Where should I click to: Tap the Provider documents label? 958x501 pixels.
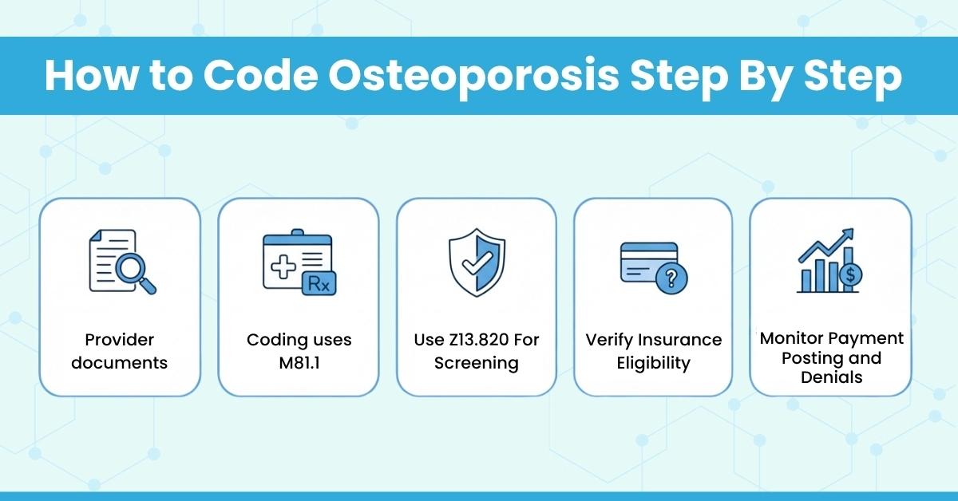(x=120, y=351)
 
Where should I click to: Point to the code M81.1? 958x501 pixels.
(x=299, y=363)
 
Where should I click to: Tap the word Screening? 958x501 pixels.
(x=477, y=363)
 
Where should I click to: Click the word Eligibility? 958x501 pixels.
(x=653, y=363)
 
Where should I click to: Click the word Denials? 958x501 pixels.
(x=831, y=377)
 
